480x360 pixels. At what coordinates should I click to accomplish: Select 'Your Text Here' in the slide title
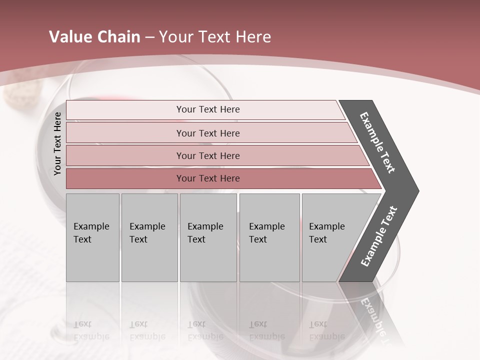[x=215, y=37]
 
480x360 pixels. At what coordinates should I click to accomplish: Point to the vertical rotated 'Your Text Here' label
[x=57, y=144]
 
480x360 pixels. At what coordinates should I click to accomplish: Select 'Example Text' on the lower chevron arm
[x=378, y=236]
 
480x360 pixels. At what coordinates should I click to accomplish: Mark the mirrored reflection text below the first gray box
[x=91, y=330]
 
